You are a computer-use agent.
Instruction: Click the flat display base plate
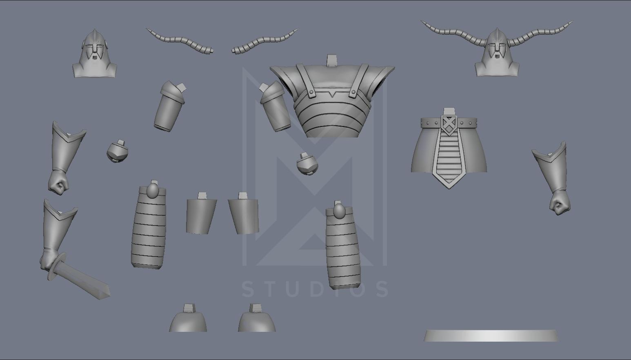click(491, 336)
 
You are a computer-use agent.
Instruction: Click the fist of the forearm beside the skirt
click(560, 204)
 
